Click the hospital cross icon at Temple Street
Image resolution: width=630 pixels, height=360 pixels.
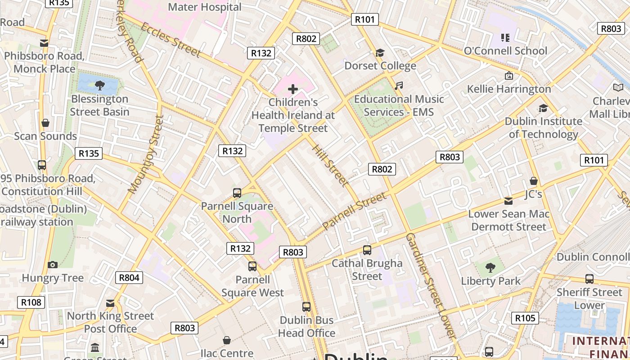coord(293,89)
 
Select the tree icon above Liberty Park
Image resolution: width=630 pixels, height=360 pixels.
coord(490,268)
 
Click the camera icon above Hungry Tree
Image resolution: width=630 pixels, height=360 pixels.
coord(53,265)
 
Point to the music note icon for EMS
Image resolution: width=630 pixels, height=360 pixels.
coord(399,85)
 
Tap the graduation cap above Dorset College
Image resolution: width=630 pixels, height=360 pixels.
coord(380,53)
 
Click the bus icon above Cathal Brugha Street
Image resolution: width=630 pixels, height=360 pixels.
coord(367,250)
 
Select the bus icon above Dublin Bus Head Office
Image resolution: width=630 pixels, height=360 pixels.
coord(306,306)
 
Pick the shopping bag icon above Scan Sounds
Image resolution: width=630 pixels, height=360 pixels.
coord(45,123)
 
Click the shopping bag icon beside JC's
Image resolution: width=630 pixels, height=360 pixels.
coord(534,181)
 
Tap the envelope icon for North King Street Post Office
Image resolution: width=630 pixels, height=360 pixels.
coord(110,303)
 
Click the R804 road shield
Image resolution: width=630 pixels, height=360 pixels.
coord(129,278)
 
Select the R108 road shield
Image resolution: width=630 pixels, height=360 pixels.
coord(31,302)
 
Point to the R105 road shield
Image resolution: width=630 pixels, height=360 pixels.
coord(525,318)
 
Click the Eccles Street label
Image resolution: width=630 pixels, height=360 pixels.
coord(171,40)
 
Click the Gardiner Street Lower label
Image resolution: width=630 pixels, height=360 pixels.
coord(431,286)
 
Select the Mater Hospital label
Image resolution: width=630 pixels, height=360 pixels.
coord(205,7)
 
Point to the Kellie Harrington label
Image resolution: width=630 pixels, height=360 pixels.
coord(509,89)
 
